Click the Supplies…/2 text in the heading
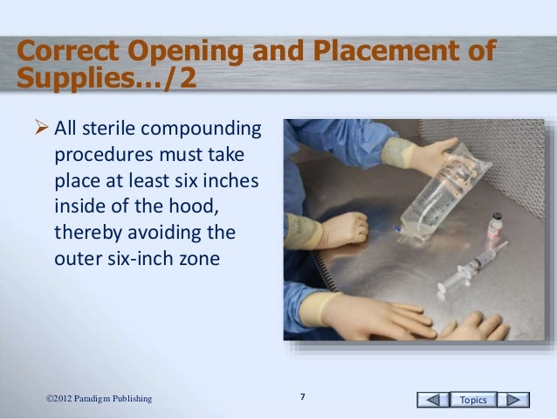pos(106,81)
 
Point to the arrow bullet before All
pos(43,131)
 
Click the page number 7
pos(302,398)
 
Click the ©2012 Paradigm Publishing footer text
pos(99,399)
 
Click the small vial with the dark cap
pos(497,225)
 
